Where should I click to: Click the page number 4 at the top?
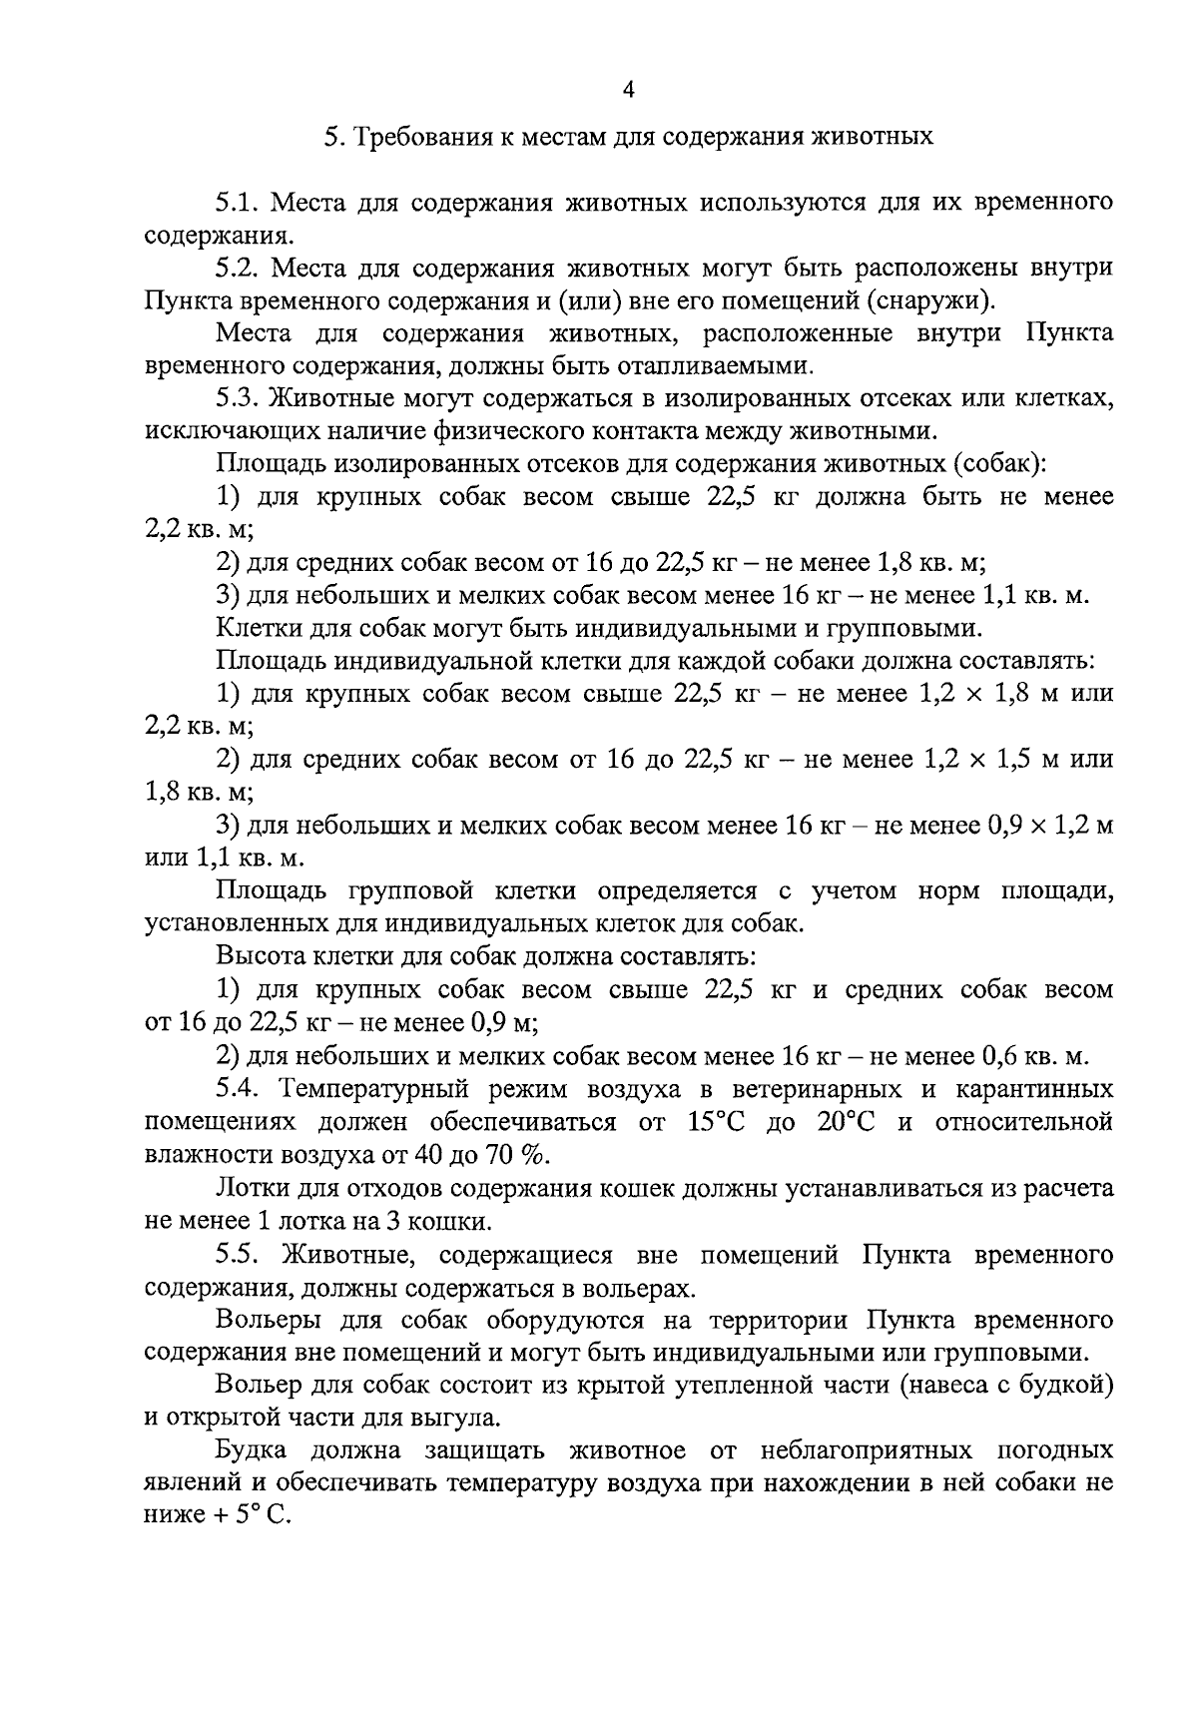pos(628,90)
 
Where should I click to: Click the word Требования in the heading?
pos(408,136)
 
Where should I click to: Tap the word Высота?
pos(253,957)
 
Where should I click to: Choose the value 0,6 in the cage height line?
pos(1001,1056)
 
